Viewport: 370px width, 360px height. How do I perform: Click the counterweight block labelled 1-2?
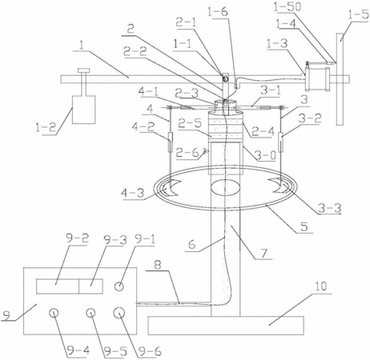pos(83,110)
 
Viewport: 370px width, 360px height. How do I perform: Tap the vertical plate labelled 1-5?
pos(340,79)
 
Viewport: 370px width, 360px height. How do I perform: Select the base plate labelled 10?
pos(226,326)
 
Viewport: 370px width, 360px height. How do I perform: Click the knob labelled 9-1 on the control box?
pos(119,286)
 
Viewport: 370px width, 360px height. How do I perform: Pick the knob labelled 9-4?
pos(54,313)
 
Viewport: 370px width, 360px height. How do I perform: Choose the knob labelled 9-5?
pos(90,313)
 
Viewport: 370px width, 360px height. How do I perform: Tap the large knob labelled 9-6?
pos(119,313)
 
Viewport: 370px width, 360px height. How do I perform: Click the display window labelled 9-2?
pos(58,286)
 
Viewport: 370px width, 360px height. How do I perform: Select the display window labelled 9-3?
pos(90,286)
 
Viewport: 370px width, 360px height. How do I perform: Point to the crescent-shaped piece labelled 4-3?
pos(171,189)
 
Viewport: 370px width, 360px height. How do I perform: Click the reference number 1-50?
pos(287,7)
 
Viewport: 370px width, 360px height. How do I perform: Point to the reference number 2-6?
pos(187,153)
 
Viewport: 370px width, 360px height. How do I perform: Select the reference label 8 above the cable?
pos(159,265)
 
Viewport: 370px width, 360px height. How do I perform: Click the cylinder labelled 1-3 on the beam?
pos(318,79)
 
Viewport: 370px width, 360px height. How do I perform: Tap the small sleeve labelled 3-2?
pos(281,142)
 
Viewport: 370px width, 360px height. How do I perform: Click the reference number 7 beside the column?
pos(263,254)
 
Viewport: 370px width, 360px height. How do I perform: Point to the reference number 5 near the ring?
pos(304,226)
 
